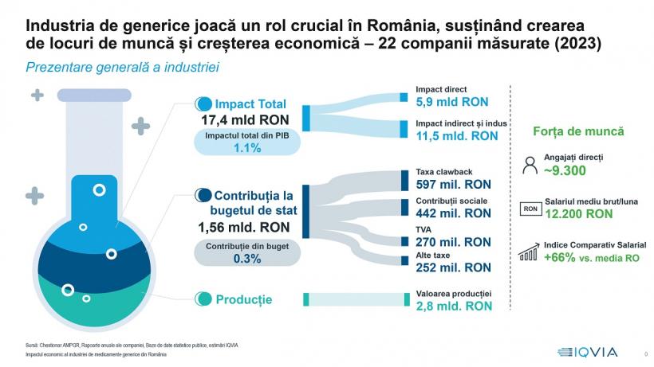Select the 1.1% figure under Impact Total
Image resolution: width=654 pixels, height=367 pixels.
tap(247, 148)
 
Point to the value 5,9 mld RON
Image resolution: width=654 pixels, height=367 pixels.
tap(451, 103)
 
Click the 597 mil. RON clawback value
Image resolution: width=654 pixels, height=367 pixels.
tap(454, 185)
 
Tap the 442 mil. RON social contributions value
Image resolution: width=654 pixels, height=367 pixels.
tap(454, 213)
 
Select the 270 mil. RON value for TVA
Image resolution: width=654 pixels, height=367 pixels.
tap(454, 241)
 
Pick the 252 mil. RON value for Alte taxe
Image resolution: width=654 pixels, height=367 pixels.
tap(454, 267)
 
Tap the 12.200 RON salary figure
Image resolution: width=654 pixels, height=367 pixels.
tap(578, 214)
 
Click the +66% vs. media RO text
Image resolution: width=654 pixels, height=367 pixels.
tap(595, 258)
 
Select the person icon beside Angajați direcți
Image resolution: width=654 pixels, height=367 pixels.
tap(530, 165)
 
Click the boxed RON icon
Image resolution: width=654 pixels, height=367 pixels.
tap(530, 209)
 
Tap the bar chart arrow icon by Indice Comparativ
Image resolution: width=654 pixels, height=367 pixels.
tap(529, 252)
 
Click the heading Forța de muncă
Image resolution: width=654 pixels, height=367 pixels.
tap(577, 131)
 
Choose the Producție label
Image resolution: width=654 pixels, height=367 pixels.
tap(243, 300)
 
